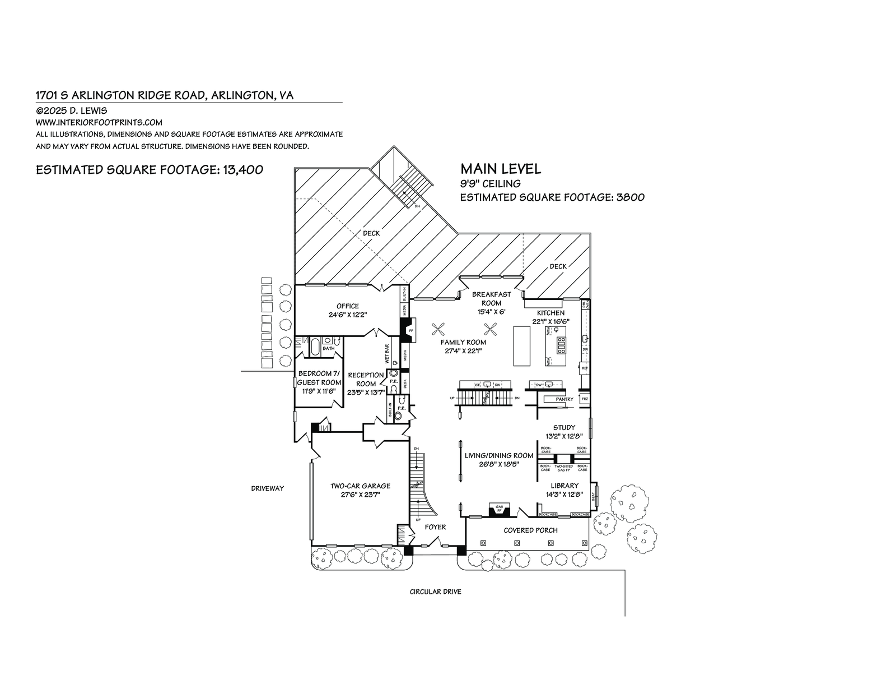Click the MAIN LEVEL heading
pos(501,169)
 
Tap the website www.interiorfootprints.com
pos(99,122)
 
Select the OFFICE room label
pos(348,306)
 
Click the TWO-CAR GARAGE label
pos(360,486)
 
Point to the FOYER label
pos(435,527)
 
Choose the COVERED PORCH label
pos(530,530)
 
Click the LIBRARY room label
pos(564,486)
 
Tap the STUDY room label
pos(564,427)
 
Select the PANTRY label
pos(564,399)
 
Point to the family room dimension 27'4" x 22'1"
pos(463,351)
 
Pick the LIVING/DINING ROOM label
pos(498,455)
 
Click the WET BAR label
pos(387,355)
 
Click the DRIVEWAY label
pos(267,488)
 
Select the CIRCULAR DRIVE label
pos(435,592)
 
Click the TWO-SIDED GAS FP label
pos(563,468)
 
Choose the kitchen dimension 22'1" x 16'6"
pos(551,321)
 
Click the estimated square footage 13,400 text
pos(150,170)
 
